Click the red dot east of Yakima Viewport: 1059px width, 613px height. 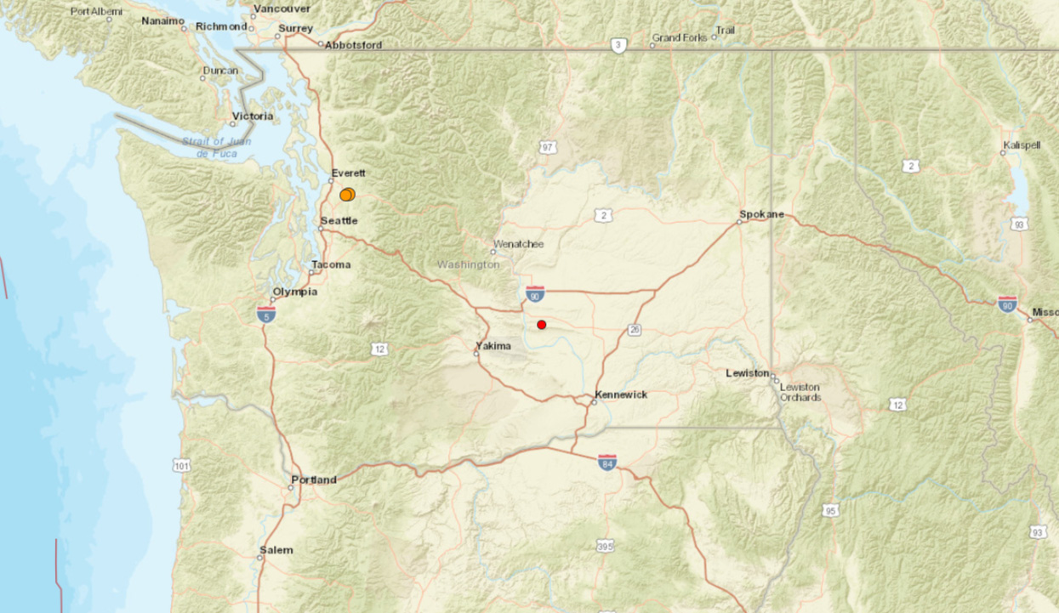pos(542,325)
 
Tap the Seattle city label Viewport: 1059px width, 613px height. pos(339,221)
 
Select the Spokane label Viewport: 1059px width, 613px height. pos(761,214)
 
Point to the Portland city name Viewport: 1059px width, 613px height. pos(314,480)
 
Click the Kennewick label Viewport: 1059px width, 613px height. pos(622,394)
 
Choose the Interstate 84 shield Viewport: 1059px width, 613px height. pos(606,463)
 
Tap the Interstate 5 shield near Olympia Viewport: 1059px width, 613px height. pos(265,315)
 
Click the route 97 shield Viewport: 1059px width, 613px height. pos(547,148)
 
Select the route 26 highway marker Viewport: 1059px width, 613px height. pos(635,330)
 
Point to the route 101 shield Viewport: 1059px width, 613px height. pos(181,465)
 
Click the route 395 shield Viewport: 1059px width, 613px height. pos(605,546)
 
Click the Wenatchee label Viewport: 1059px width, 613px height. pos(518,244)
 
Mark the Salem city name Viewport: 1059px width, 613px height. pos(276,550)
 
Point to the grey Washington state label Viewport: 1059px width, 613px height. pos(468,264)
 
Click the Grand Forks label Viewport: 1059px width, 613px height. pos(679,37)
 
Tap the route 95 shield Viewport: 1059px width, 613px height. pos(830,510)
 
